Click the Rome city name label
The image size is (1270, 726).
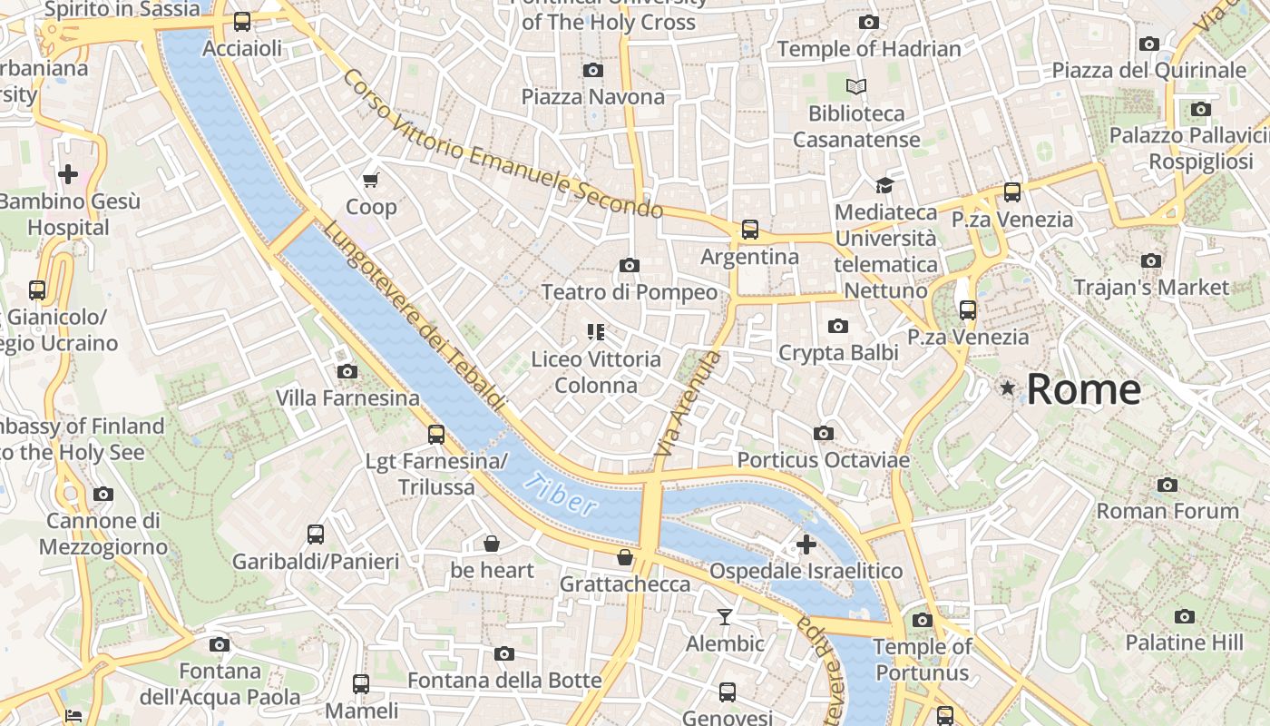tap(1083, 389)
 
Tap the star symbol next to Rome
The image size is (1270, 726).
tap(1007, 388)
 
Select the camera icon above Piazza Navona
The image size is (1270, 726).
tap(593, 70)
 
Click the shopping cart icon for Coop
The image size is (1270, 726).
tap(370, 180)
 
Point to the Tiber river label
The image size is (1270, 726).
tap(563, 495)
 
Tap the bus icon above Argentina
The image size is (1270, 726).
tap(750, 230)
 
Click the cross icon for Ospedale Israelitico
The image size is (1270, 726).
tap(806, 544)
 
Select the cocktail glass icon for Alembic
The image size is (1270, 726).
tap(724, 617)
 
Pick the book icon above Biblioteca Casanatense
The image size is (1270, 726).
tap(856, 87)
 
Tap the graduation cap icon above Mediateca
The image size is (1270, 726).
tap(884, 185)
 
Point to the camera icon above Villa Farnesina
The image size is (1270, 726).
tap(347, 371)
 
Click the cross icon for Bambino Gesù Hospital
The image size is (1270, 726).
tap(68, 174)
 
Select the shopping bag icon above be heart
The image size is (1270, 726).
tap(492, 544)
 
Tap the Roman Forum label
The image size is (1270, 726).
tap(1167, 511)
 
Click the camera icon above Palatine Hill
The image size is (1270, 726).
tap(1185, 616)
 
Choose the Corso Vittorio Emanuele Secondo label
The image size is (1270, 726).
tap(503, 144)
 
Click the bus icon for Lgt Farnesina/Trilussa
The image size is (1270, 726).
tap(436, 435)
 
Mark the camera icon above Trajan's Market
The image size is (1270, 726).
tap(1151, 260)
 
